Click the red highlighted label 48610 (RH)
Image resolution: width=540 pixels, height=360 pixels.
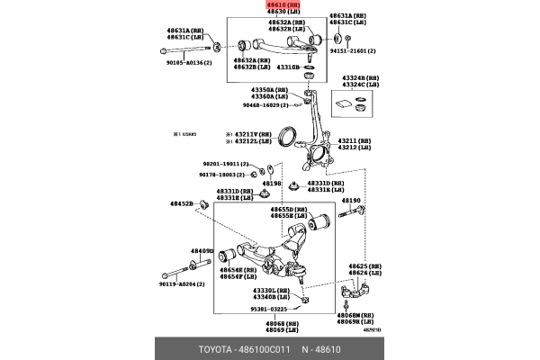click(283, 4)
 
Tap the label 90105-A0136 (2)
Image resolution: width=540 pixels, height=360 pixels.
click(186, 63)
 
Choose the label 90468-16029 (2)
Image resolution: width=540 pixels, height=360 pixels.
click(265, 105)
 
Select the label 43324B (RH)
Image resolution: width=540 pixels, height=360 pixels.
click(354, 78)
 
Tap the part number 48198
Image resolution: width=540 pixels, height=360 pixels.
click(272, 184)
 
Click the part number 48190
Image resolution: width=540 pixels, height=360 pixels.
click(350, 201)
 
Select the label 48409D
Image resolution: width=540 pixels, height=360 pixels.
click(202, 251)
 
